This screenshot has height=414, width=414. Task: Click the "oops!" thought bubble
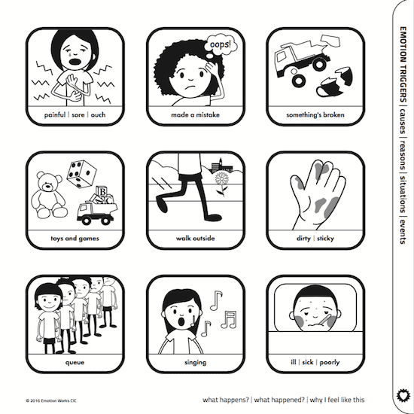pos(221,45)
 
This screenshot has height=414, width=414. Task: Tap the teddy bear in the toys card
pos(49,195)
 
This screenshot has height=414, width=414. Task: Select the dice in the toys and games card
pos(81,174)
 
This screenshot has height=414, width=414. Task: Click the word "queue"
pos(75,362)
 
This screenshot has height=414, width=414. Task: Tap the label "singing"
pos(196,362)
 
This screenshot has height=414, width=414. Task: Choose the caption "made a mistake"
pos(196,115)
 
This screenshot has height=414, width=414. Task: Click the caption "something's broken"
pos(315,115)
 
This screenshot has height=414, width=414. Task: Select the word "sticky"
pos(325,239)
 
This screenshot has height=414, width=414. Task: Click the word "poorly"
pos(330,362)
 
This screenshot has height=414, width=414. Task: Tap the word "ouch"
pos(98,115)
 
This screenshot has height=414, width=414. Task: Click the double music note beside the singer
pos(229,320)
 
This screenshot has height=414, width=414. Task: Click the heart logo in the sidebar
pos(403,396)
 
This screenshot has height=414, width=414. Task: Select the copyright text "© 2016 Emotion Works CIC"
pos(51,400)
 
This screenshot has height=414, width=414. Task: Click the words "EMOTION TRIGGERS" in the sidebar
pos(403,65)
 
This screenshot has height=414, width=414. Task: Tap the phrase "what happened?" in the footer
pos(279,400)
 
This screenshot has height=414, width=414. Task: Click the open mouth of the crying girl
pos(75,62)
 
